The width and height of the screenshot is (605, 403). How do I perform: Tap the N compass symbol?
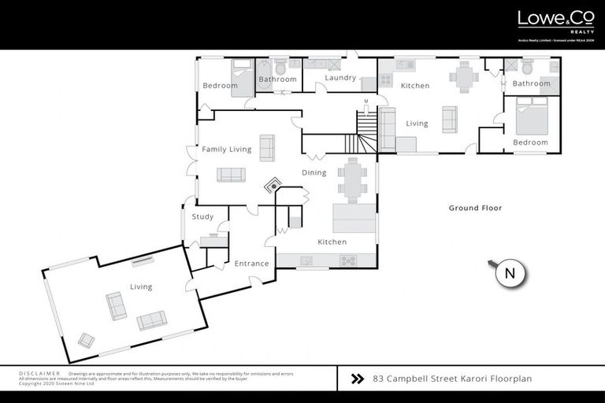[x=510, y=274]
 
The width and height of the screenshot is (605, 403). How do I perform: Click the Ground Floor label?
[x=475, y=208]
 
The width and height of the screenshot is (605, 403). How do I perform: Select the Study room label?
[x=202, y=216]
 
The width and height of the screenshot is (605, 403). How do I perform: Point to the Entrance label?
[x=251, y=264]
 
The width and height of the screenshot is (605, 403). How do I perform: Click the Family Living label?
[x=226, y=150]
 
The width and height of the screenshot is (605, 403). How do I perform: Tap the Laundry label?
[x=340, y=78]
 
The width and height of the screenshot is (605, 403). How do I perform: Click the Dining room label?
[x=315, y=172]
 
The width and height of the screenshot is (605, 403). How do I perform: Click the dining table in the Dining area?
[x=352, y=179]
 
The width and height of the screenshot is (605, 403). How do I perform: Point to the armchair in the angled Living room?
[x=86, y=340]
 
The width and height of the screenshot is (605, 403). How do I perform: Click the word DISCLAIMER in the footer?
[x=39, y=373]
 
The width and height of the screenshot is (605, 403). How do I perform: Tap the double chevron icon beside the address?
[x=357, y=379]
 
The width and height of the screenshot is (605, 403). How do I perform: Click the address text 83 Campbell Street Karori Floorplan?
[x=452, y=379]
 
